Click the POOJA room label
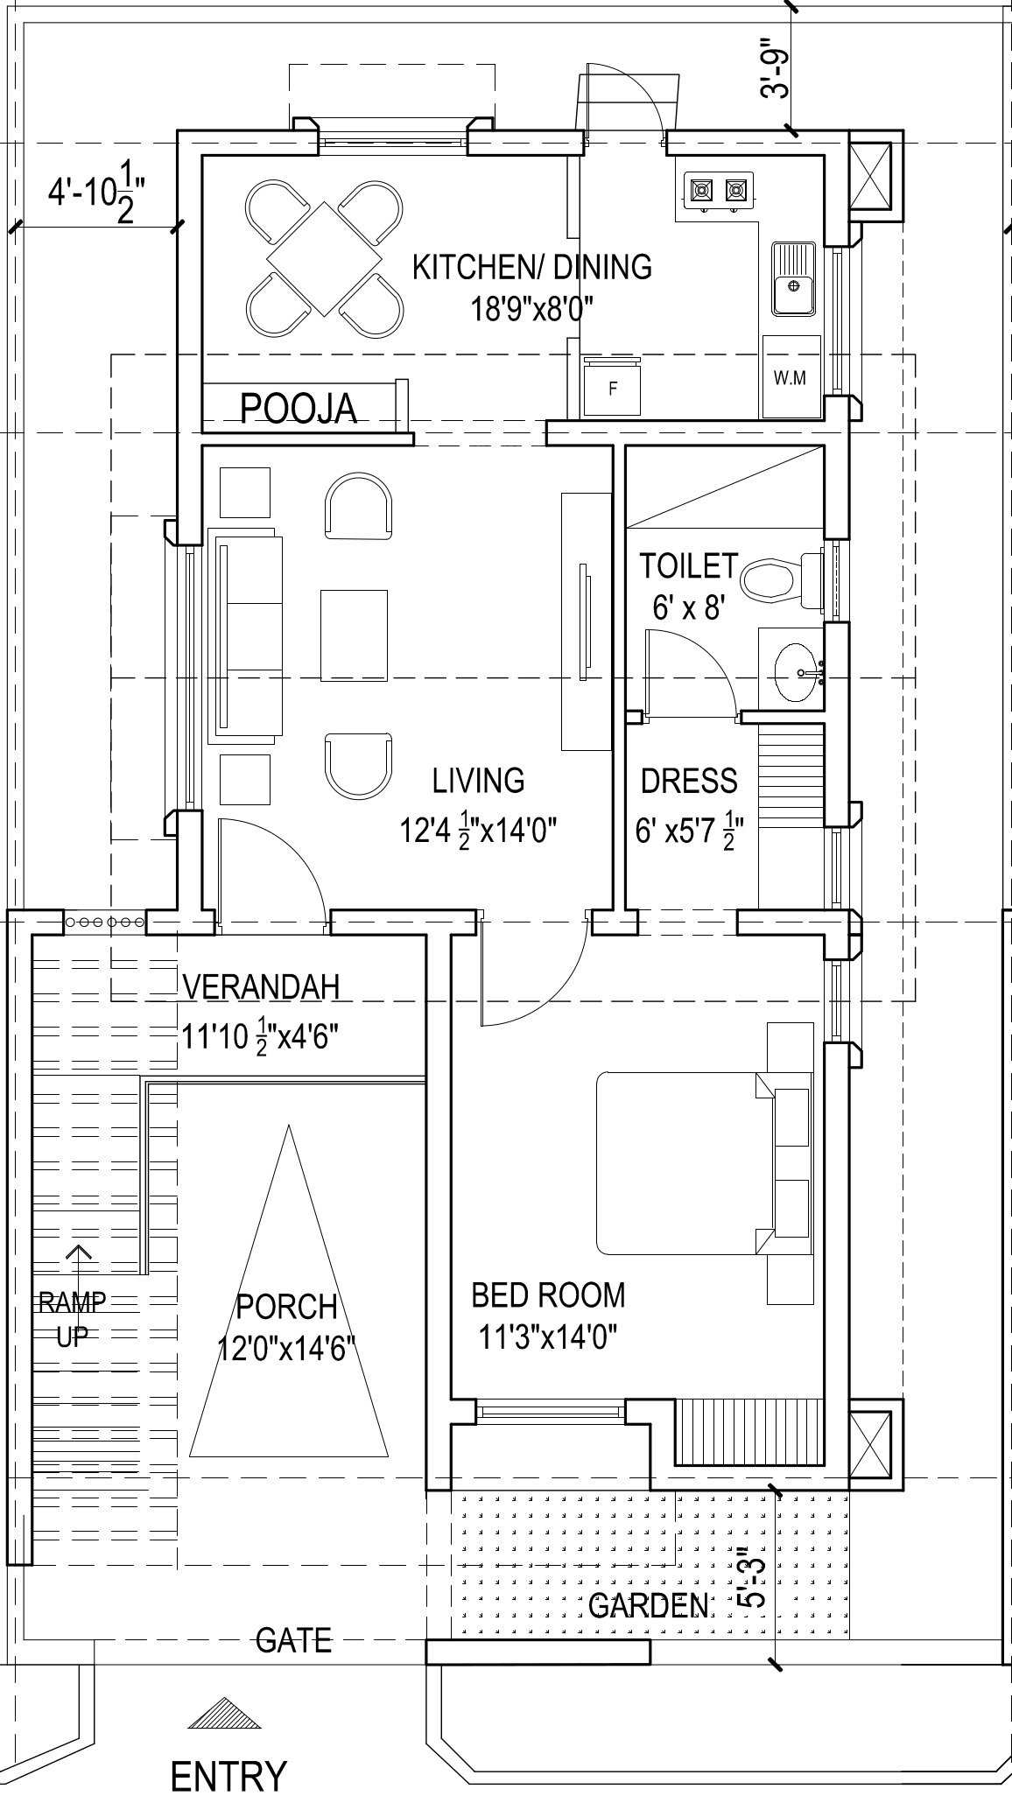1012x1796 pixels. pyautogui.click(x=299, y=408)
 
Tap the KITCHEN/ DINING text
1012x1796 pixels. pyautogui.click(x=532, y=266)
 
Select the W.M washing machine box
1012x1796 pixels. pyautogui.click(x=791, y=377)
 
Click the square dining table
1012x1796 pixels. pyautogui.click(x=325, y=259)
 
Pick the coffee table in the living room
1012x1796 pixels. pyautogui.click(x=355, y=635)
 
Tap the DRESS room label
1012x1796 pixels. pyautogui.click(x=689, y=781)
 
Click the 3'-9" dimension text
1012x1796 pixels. pyautogui.click(x=776, y=68)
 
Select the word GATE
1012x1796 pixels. pyautogui.click(x=294, y=1639)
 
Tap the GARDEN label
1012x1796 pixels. pyautogui.click(x=649, y=1605)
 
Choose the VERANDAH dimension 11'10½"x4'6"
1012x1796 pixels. pyautogui.click(x=260, y=1036)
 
